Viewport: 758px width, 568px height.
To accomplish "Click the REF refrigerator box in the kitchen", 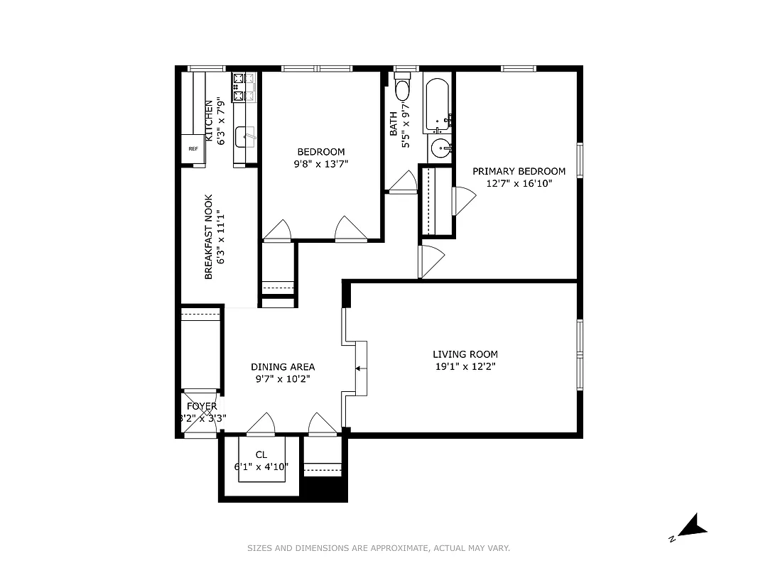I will coord(193,149).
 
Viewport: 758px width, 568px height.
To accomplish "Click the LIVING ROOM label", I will coord(465,354).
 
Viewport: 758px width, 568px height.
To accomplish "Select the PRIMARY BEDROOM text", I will coord(519,171).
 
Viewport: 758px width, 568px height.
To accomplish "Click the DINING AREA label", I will coord(283,367).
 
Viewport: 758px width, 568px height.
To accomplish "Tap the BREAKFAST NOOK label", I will coord(209,236).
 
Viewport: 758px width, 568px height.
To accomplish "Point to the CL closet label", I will coord(261,454).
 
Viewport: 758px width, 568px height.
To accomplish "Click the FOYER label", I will coord(202,406).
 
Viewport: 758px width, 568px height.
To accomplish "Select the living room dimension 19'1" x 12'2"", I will coord(465,367).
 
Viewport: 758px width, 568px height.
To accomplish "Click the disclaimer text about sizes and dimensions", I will coord(379,548).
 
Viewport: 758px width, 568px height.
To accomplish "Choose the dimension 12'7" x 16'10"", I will coord(519,183).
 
